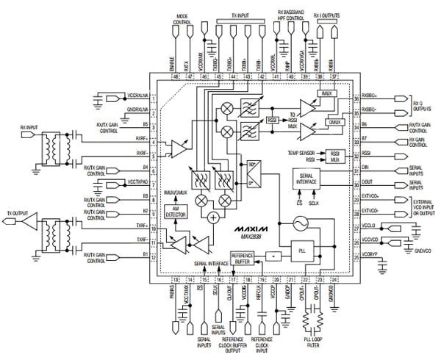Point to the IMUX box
point(328,94)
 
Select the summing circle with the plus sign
point(213,217)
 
